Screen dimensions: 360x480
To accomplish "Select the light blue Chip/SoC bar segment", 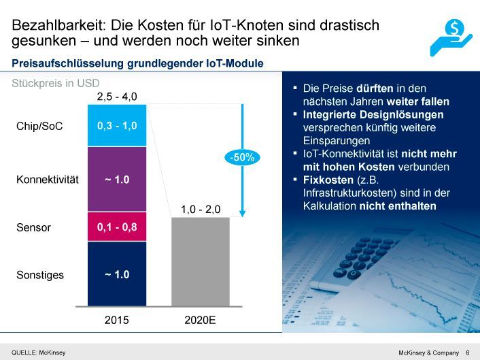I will pos(117,126).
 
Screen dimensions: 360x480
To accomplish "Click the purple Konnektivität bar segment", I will pos(117,179).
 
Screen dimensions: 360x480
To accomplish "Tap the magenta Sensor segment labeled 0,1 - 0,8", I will pos(117,227).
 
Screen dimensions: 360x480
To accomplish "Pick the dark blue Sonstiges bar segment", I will pos(117,274).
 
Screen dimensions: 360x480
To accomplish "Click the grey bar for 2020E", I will pos(200,261).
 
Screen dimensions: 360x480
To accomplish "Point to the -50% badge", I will pos(241,157).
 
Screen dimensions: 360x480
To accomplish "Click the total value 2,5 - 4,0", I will pos(117,97).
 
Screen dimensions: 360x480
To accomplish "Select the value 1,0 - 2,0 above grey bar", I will pos(200,209).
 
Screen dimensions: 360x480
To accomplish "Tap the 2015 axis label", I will pos(117,320).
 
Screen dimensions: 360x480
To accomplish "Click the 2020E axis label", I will pos(200,320).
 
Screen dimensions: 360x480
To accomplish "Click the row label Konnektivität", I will pos(48,180).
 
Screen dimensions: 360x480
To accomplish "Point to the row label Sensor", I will pos(33,227).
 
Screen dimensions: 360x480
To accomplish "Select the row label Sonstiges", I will pos(40,275).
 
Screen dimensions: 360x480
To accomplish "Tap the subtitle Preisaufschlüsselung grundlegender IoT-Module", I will pos(138,64).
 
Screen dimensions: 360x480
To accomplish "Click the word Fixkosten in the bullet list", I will pos(326,180).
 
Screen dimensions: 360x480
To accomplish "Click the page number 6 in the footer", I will pos(467,352).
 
